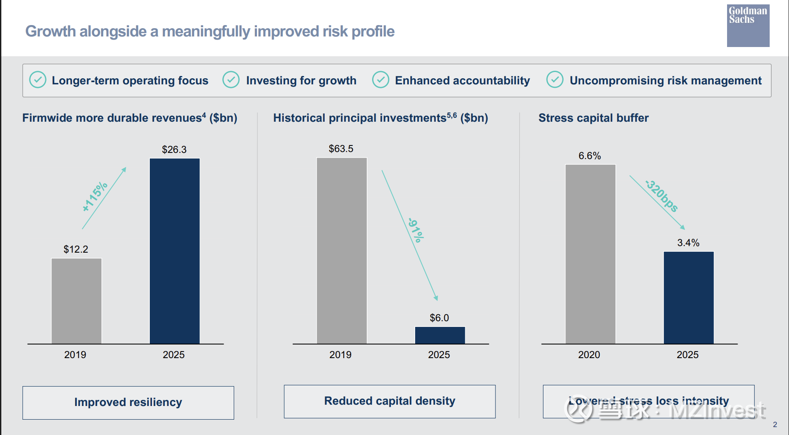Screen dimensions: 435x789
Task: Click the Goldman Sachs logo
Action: coord(748,25)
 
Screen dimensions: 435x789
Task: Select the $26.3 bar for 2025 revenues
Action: coord(174,251)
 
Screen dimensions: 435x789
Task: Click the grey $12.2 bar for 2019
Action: coord(76,301)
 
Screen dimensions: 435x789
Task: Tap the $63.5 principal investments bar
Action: coord(341,250)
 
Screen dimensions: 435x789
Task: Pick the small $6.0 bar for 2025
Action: coord(440,335)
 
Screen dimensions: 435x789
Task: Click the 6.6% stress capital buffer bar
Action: coord(590,254)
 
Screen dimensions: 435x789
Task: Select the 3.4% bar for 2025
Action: coord(688,297)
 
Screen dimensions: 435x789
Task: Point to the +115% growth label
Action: coord(95,196)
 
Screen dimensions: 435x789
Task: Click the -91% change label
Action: coord(416,230)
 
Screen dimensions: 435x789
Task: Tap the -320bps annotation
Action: coord(662,196)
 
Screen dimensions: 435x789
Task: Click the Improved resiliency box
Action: coord(128,402)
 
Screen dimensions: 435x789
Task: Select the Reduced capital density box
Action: coord(390,401)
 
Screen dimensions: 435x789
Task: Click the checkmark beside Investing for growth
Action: coord(231,80)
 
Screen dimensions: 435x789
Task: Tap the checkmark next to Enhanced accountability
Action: coord(380,80)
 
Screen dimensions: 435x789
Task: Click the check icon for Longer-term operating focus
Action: coord(38,80)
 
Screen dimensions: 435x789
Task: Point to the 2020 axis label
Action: coord(589,355)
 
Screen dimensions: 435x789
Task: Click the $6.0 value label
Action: coord(439,318)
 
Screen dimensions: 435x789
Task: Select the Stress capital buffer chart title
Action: coord(594,118)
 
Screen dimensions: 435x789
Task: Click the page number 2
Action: coord(775,424)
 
